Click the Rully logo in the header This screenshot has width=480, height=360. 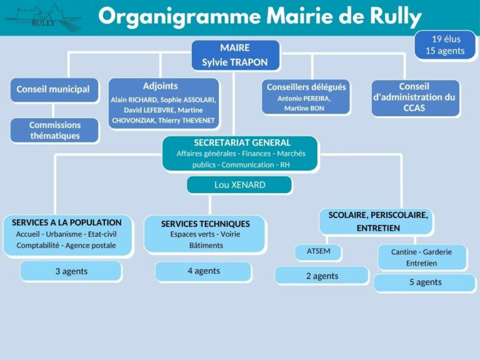coord(44,17)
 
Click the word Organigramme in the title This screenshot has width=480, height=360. coord(180,16)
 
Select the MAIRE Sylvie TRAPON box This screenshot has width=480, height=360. coord(236,55)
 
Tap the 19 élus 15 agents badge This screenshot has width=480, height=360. coord(445,45)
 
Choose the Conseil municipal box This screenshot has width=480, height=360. coord(54,90)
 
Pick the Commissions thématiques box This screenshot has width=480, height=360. coord(54,131)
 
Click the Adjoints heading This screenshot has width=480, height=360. coord(160,86)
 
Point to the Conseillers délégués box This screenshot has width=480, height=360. coord(306,97)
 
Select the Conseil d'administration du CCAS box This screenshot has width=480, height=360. coord(416,98)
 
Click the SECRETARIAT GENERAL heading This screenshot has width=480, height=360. coord(242,142)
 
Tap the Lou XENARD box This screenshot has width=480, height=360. coord(239,185)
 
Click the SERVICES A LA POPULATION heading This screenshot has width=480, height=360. coord(67,222)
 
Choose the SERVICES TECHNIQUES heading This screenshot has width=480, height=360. coord(206,224)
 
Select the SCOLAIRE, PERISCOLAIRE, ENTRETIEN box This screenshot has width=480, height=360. coord(376,222)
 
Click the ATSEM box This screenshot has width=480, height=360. coord(318,252)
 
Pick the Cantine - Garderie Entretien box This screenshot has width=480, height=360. coord(422,257)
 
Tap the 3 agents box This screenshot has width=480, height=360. coord(71,271)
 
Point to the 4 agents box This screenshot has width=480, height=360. coord(204,271)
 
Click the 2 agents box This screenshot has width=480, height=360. coord(322,276)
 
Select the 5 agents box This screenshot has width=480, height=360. coord(424,283)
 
